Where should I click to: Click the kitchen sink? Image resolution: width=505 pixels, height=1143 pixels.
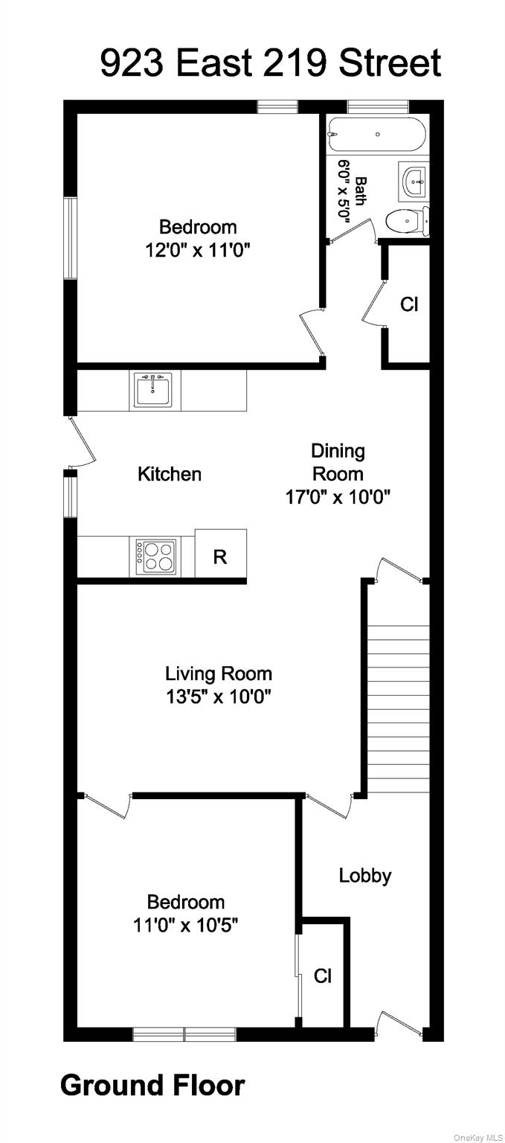click(153, 390)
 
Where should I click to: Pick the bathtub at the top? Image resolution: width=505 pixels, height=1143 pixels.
click(377, 135)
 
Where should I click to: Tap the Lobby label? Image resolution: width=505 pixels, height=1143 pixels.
click(364, 876)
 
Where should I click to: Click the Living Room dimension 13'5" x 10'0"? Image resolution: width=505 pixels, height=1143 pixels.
click(219, 697)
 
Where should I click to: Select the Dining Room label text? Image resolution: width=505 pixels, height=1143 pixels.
click(338, 462)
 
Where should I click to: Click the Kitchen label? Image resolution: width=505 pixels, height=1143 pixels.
click(170, 474)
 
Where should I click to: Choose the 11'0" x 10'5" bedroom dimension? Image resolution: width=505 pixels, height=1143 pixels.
click(186, 925)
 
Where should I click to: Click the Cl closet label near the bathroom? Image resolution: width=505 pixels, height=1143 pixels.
click(409, 304)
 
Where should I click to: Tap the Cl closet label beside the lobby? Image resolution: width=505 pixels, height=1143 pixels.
click(322, 976)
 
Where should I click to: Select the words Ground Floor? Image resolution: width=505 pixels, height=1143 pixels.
click(152, 1086)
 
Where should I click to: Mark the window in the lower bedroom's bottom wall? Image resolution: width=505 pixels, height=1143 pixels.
click(184, 1034)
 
